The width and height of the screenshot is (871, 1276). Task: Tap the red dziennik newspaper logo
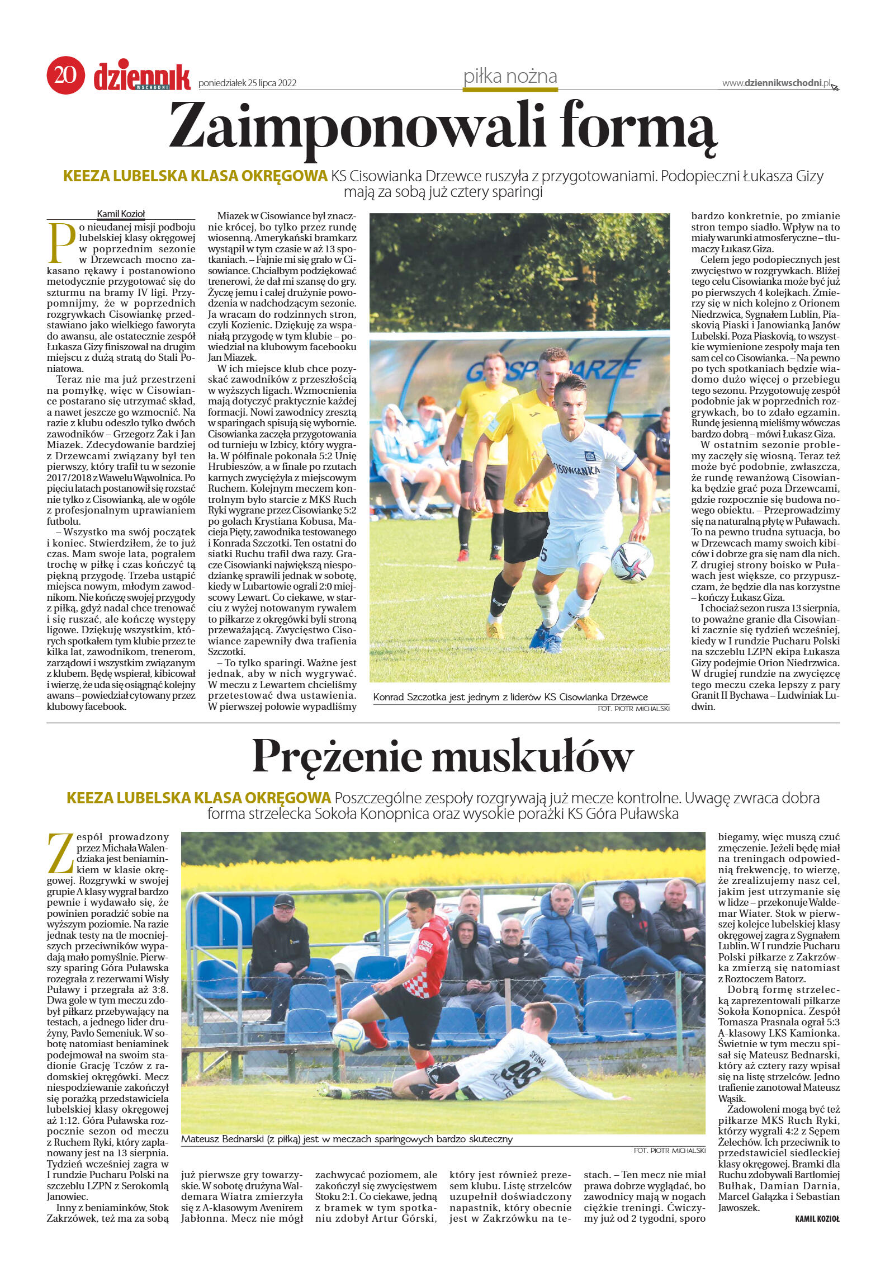pos(142,76)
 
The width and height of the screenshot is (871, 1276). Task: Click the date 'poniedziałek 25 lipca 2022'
pos(247,83)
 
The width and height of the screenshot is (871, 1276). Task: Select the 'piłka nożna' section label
pos(510,76)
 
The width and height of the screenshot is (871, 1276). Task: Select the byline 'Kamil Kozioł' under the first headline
pos(121,213)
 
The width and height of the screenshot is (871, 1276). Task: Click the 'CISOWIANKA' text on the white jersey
pos(576,469)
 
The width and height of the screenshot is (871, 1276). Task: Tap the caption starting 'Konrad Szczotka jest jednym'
pos(510,696)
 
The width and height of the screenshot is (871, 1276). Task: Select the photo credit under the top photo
pos(633,708)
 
